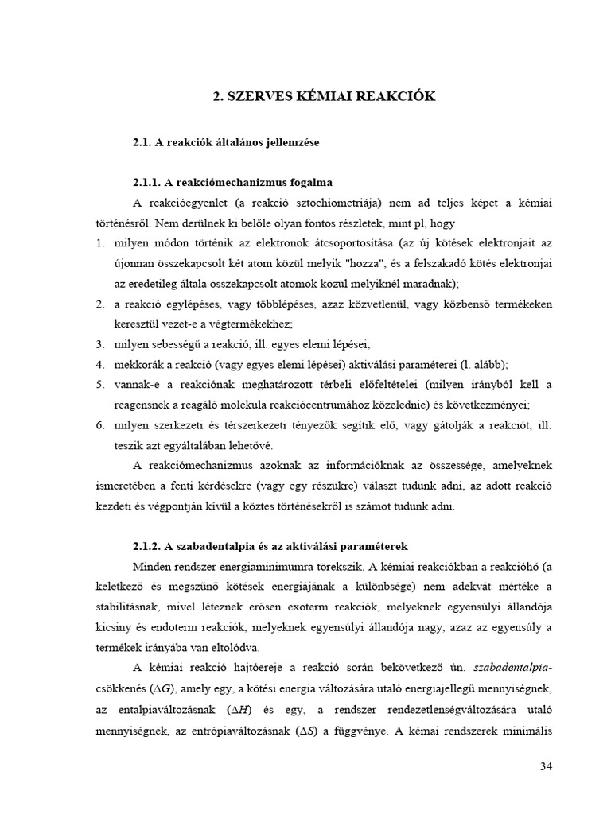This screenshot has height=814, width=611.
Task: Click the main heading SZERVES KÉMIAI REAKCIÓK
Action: [324, 96]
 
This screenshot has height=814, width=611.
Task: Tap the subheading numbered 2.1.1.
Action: [232, 182]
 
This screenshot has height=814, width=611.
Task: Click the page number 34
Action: [545, 766]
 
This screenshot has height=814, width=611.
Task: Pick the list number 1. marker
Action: [100, 242]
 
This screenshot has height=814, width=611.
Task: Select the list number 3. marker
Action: [100, 344]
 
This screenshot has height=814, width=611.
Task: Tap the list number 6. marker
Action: [100, 425]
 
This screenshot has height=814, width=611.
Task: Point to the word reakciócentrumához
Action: [357, 405]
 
